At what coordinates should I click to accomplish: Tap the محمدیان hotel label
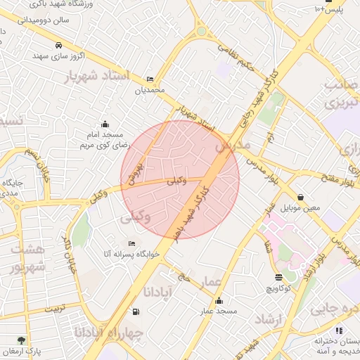[x=150, y=90]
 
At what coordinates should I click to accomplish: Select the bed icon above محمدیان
[x=149, y=79]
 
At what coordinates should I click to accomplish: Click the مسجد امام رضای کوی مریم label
[x=105, y=139]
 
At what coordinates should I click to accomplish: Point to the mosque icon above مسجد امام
[x=105, y=124]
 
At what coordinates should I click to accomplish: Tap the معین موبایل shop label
[x=301, y=209]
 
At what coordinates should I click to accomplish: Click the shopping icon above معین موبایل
[x=301, y=198]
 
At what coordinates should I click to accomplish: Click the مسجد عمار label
[x=218, y=311]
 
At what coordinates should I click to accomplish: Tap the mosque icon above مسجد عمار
[x=218, y=300]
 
